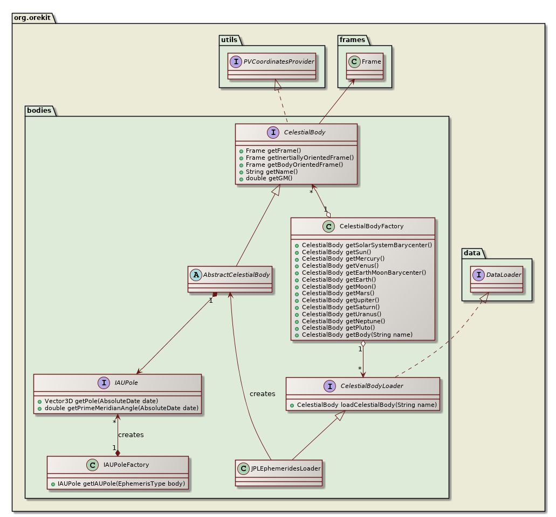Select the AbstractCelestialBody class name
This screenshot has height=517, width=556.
[x=235, y=274]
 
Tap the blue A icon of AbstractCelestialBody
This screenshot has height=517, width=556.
[x=196, y=274]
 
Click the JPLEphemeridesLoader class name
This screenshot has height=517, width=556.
[x=285, y=468]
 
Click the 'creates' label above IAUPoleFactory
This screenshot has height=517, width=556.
[x=131, y=434]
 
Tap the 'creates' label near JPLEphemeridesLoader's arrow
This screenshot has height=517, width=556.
[x=262, y=393]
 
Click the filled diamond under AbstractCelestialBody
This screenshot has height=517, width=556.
[x=215, y=295]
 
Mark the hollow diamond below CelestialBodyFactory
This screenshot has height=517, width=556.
[x=363, y=344]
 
